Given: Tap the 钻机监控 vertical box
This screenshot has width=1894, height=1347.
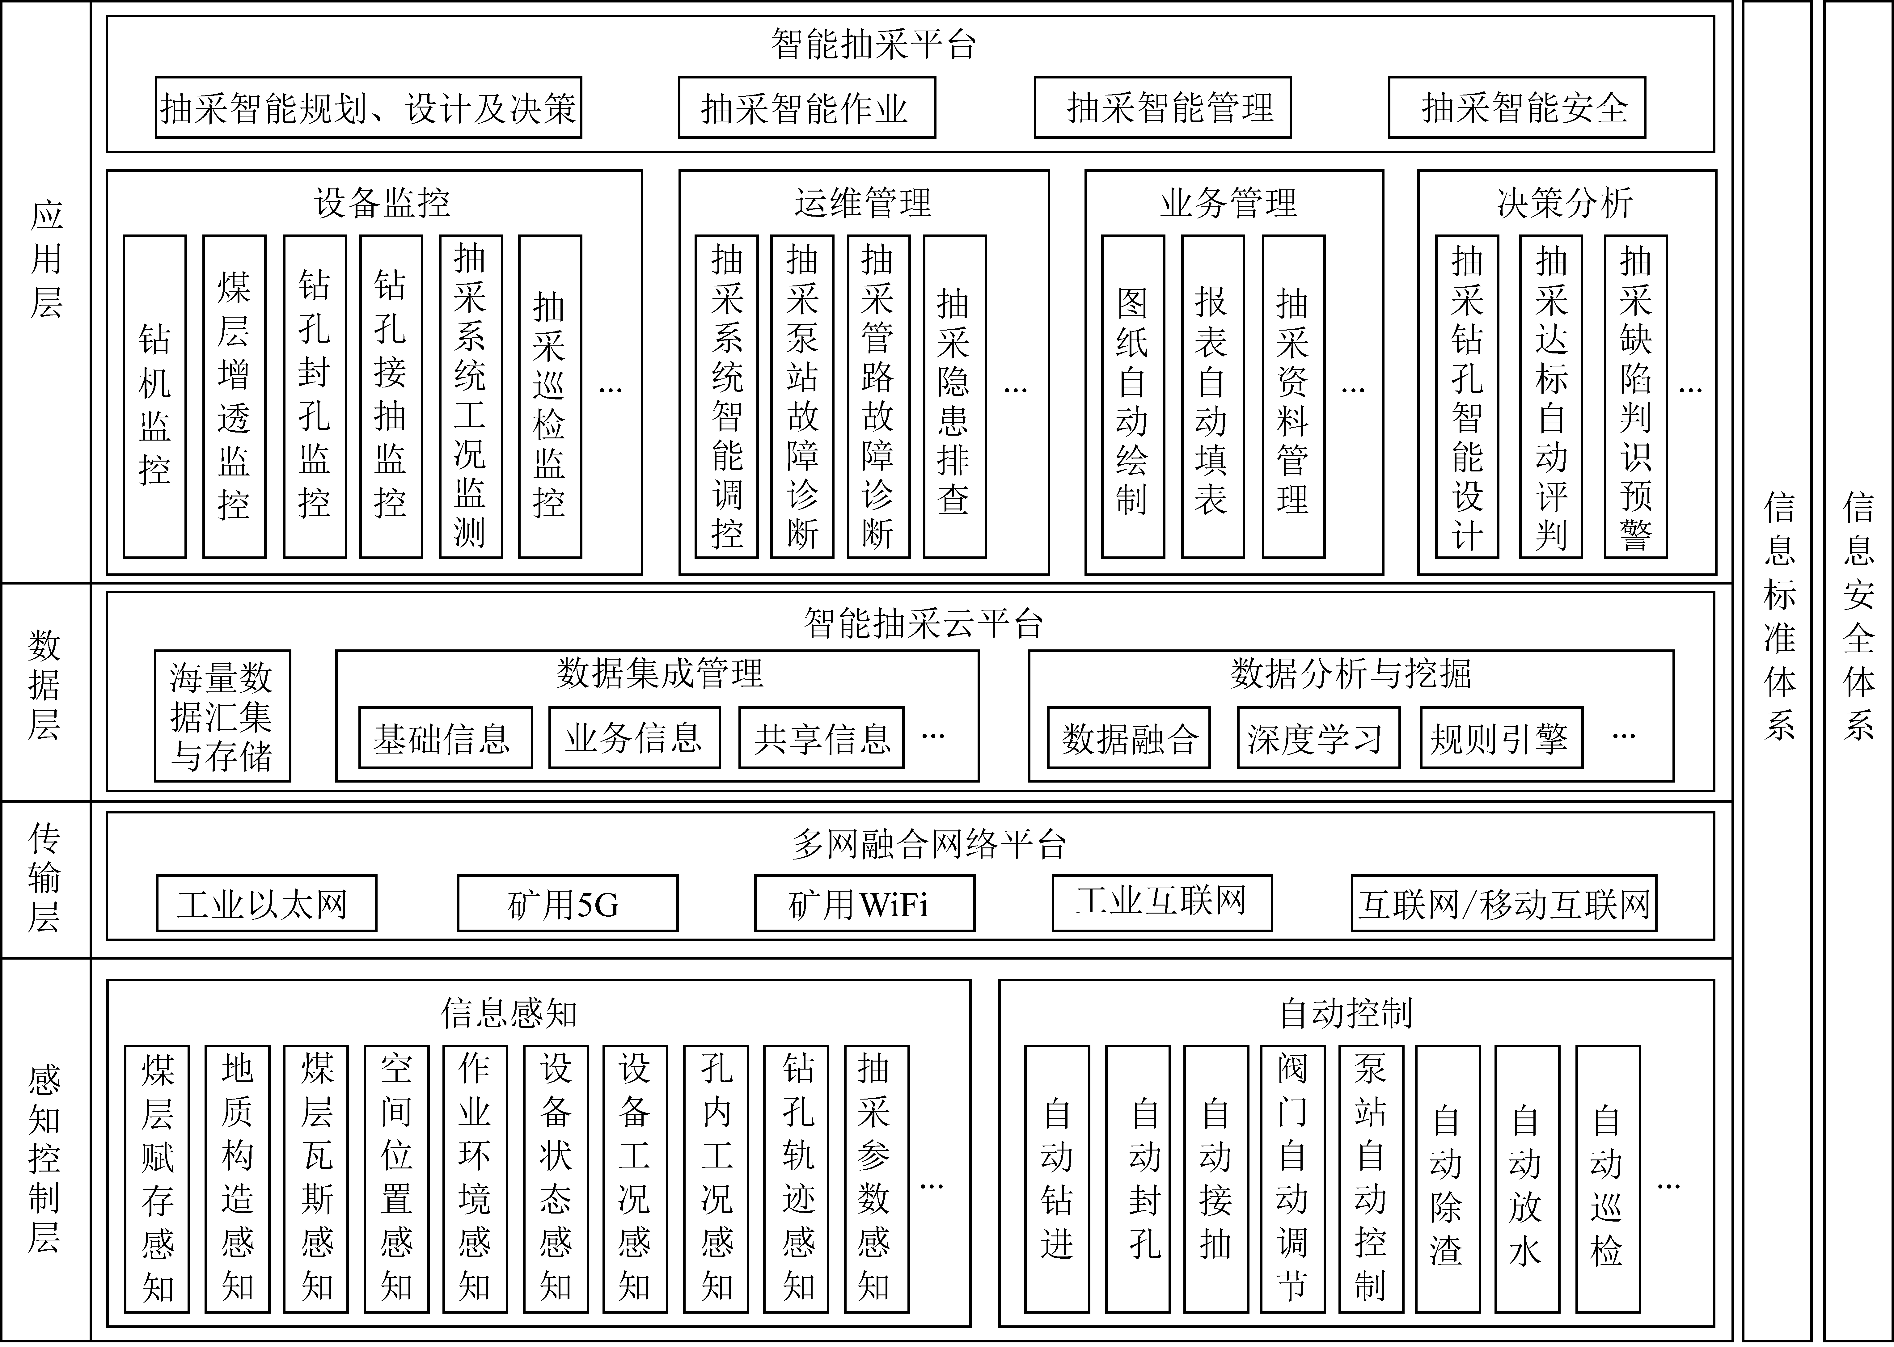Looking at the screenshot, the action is click(x=154, y=396).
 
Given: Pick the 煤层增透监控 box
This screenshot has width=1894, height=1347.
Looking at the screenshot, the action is click(x=234, y=396).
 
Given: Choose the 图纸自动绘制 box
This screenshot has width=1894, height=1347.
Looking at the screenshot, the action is click(x=1132, y=396).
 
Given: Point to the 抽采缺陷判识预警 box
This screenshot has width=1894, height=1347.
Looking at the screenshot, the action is click(x=1635, y=396).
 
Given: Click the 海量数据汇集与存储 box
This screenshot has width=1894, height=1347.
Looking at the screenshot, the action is click(x=222, y=716).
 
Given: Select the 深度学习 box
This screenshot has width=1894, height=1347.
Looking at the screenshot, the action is click(x=1318, y=737).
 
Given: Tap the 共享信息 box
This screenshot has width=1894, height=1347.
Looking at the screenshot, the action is click(x=821, y=737).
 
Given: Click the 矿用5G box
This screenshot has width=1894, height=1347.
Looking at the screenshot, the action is click(x=568, y=903).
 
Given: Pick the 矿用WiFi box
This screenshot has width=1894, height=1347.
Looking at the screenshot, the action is click(x=865, y=903).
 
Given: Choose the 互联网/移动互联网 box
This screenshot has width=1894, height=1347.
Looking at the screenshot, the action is click(x=1504, y=903).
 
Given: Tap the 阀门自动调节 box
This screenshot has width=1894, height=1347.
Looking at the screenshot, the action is click(x=1292, y=1179).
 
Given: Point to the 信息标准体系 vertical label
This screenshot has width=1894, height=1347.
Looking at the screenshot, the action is click(x=1779, y=616).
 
